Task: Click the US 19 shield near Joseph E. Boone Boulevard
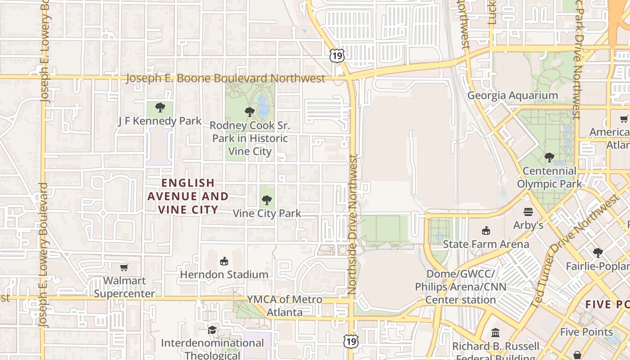337,55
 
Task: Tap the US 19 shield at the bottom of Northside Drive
351,341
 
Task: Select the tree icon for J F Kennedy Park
160,108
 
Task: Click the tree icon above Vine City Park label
267,200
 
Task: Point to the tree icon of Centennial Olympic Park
549,157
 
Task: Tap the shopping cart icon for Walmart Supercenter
124,267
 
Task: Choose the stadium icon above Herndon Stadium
224,261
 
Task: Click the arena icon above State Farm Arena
486,230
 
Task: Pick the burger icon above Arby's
528,211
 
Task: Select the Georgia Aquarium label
513,95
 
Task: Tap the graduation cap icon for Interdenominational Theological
212,330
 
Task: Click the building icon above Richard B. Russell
495,333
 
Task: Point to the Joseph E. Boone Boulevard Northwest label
225,78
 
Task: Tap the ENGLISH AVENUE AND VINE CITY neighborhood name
188,196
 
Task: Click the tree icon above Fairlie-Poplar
598,253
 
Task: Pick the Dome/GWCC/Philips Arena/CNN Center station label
460,287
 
